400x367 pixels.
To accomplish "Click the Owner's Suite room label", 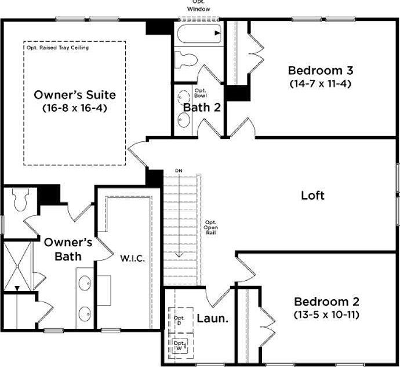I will point(75,95).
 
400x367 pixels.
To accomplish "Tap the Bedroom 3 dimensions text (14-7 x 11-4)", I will point(321,83).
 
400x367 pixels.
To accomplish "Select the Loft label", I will point(312,196).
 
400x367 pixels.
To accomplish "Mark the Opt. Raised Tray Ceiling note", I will point(57,48).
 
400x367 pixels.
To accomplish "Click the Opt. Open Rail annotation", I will point(211,227).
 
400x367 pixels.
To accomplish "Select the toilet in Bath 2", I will point(187,60).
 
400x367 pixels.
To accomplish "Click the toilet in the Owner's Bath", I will point(21,200).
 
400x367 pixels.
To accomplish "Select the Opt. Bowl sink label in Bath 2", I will point(200,93).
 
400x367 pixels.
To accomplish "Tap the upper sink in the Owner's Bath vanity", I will point(85,284).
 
